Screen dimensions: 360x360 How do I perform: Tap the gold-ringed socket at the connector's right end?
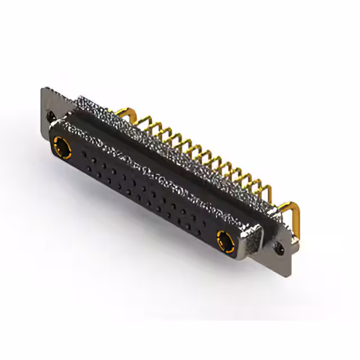[x=225, y=240]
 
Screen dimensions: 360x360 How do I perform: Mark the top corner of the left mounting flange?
[x=44, y=88]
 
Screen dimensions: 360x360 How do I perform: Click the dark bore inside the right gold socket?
[x=226, y=241]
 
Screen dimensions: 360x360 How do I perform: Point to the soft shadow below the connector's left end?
[x=62, y=186]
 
